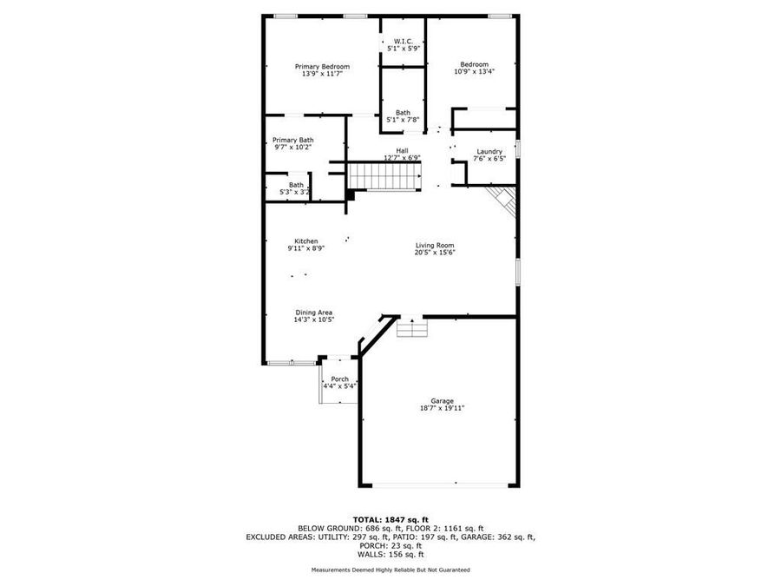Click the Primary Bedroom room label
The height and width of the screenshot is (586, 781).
322,67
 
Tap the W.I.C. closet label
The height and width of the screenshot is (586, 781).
404,41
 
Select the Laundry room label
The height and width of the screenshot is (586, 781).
489,152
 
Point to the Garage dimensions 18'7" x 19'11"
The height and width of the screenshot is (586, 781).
443,407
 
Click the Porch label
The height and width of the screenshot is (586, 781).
339,379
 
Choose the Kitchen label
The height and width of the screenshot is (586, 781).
305,241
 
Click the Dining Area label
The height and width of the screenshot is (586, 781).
313,313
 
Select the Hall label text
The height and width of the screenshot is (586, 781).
403,151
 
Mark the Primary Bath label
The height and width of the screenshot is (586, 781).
293,140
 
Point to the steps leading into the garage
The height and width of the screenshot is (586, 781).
412,327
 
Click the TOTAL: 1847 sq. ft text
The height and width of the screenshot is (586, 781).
390,518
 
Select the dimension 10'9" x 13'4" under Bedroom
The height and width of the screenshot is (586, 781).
474,73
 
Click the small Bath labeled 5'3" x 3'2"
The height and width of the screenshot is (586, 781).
296,188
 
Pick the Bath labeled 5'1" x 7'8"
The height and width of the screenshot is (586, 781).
404,115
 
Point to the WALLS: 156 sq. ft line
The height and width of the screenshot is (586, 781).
390,554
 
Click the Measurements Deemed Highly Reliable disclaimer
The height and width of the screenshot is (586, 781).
390,570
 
